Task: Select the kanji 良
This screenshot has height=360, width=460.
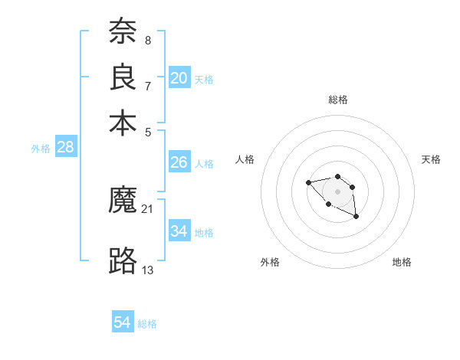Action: (x=123, y=77)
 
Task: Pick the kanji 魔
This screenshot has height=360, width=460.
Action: (x=123, y=201)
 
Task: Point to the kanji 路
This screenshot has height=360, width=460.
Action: (x=123, y=261)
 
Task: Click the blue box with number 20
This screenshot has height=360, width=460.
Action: (x=179, y=78)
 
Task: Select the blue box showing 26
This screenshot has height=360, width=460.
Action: (x=179, y=162)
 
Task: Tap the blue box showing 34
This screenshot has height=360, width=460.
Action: (x=179, y=231)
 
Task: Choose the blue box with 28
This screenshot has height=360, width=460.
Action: (x=66, y=148)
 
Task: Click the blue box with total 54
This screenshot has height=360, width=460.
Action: (x=123, y=322)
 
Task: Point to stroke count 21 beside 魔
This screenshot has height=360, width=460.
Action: (x=148, y=208)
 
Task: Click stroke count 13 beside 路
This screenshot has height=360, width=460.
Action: (x=148, y=269)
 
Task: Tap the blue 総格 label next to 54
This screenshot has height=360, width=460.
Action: (x=147, y=324)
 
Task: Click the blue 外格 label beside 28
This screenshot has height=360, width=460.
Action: (x=41, y=149)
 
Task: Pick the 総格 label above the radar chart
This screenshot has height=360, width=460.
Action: (x=337, y=100)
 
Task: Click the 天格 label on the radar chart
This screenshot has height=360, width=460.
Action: (x=431, y=159)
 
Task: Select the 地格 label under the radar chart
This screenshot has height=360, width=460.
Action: (x=402, y=262)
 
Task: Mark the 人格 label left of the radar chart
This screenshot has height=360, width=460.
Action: (x=245, y=159)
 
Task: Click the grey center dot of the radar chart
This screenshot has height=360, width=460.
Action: (x=337, y=191)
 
